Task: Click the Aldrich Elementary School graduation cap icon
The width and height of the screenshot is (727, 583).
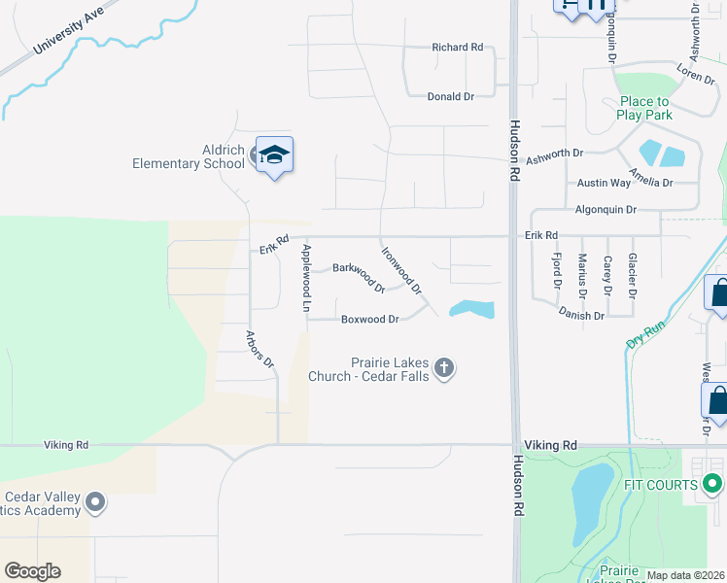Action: click(x=274, y=155)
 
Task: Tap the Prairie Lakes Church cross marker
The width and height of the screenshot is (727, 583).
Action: click(x=444, y=367)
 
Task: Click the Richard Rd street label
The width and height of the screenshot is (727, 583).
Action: click(x=457, y=47)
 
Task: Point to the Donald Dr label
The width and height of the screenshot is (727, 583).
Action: click(x=450, y=97)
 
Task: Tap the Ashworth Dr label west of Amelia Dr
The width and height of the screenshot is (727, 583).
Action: click(x=554, y=154)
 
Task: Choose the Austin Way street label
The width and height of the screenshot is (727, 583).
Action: click(x=604, y=183)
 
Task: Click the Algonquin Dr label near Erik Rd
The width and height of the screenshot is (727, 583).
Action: click(x=606, y=209)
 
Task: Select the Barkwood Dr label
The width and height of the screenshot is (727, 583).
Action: click(x=359, y=277)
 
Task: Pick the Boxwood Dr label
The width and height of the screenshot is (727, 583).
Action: click(x=370, y=319)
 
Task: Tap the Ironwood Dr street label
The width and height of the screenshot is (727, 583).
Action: click(x=400, y=269)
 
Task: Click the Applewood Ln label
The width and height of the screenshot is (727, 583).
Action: click(x=305, y=278)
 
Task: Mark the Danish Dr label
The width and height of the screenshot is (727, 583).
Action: click(x=581, y=314)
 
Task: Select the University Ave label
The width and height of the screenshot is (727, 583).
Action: click(x=68, y=33)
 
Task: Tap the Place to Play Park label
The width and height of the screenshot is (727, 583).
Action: click(x=644, y=108)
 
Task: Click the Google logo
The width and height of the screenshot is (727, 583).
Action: click(x=33, y=571)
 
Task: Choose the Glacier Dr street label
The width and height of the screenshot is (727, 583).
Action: click(x=633, y=275)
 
